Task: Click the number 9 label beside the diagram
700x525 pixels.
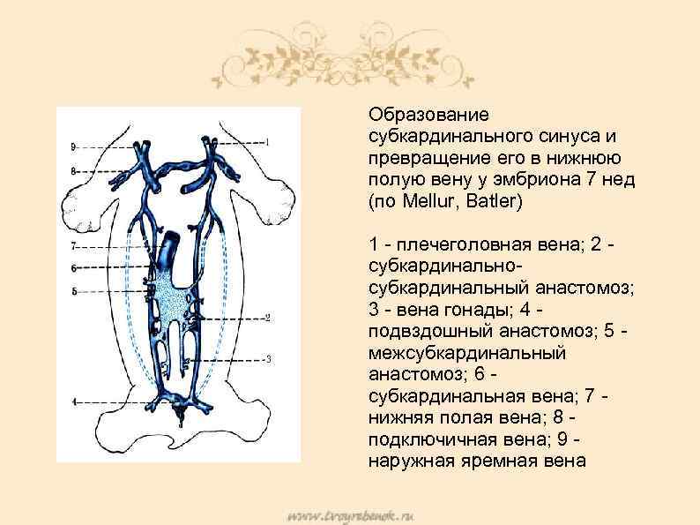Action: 75,146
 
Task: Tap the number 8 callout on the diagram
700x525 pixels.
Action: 75,169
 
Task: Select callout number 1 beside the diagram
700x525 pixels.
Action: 267,141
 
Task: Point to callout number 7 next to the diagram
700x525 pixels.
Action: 74,244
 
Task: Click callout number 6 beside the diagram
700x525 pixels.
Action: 74,267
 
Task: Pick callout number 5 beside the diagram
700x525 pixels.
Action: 74,290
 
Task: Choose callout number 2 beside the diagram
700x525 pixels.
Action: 267,318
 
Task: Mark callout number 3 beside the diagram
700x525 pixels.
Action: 267,359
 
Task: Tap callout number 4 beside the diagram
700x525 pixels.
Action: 74,401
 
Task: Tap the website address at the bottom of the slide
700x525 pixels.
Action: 349,514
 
